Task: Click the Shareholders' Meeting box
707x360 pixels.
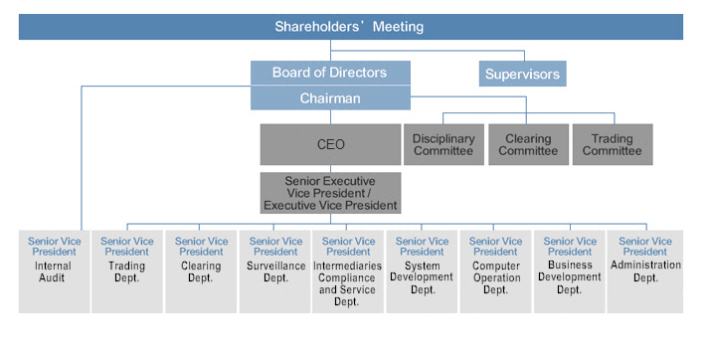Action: pos(350,27)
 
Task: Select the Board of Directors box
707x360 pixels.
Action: pos(330,73)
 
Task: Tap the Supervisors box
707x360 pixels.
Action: pos(522,74)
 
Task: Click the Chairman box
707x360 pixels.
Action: pos(330,98)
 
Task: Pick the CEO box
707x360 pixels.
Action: pos(330,144)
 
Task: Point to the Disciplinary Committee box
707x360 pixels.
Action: pos(442,145)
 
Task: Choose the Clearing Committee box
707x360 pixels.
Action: pos(527,145)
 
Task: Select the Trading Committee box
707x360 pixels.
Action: pos(612,145)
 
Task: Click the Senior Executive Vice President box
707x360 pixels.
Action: pos(330,192)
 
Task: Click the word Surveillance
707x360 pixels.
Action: pos(275,266)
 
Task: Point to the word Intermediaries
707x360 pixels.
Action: pos(349,266)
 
